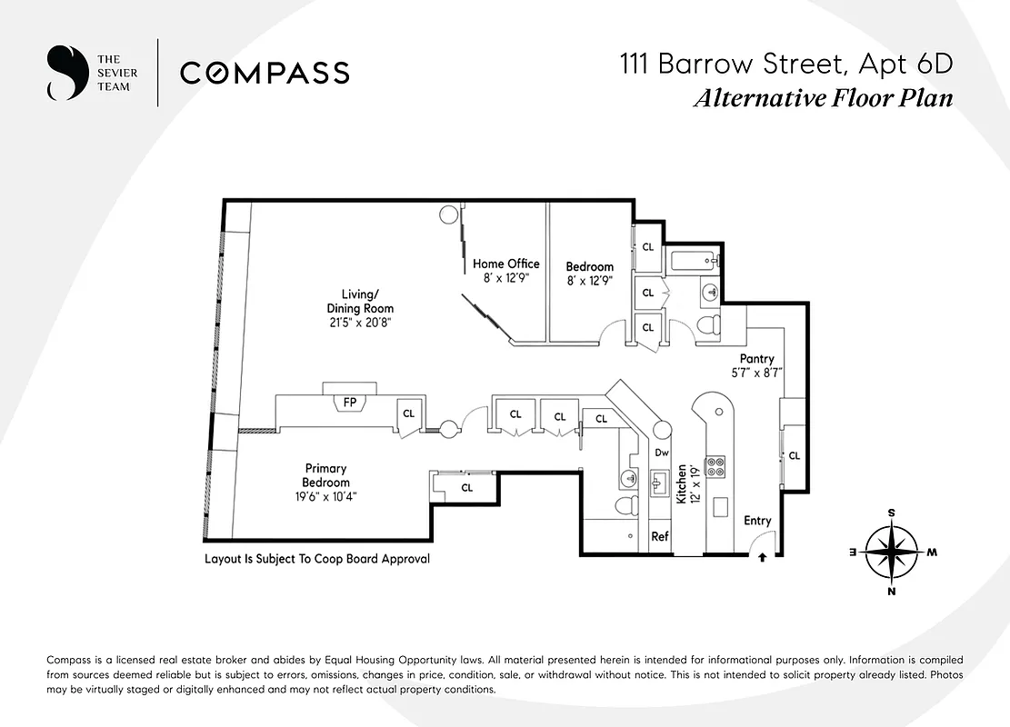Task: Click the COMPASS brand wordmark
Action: pos(265,73)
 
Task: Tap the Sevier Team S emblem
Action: pos(64,73)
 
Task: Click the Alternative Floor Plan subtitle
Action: pos(823,98)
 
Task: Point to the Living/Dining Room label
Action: pos(361,301)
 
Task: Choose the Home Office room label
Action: pos(505,264)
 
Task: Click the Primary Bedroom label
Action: pos(326,475)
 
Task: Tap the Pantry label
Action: pos(756,359)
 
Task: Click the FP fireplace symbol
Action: pos(349,401)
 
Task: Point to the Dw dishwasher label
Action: pos(662,453)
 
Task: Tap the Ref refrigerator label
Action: pos(660,537)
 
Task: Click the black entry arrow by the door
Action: pos(762,559)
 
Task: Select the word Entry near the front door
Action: pos(757,521)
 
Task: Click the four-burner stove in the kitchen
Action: pos(715,466)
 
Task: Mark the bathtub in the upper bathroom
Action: pos(695,264)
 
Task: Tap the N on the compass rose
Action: pos(891,592)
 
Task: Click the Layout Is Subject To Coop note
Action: pos(317,559)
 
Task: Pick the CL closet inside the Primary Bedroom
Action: pos(466,487)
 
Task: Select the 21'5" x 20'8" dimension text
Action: pos(361,323)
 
